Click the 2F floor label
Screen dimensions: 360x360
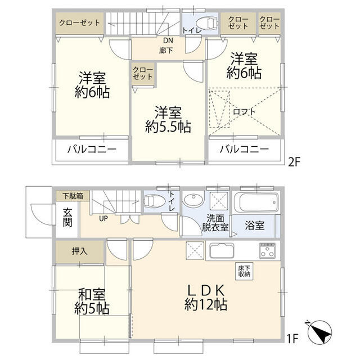294,161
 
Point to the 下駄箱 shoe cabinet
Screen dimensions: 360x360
72,196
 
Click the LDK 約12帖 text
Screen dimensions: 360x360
205,297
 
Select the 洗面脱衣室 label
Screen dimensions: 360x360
215,224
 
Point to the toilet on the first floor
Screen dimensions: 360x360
155,202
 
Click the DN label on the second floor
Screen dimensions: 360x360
168,41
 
